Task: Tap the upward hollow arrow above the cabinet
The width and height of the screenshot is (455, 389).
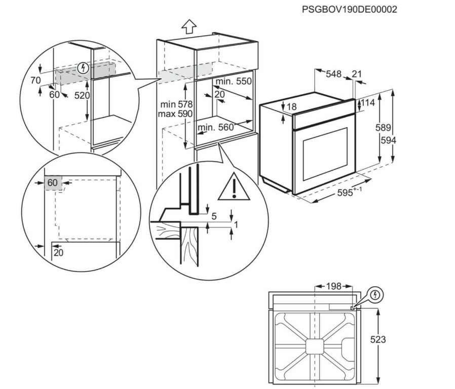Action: (x=188, y=26)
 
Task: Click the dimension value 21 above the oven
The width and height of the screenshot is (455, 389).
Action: (x=357, y=74)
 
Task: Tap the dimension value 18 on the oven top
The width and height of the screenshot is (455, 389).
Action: (x=291, y=107)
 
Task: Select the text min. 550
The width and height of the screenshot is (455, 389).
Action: (x=233, y=82)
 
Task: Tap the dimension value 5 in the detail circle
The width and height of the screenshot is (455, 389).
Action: (x=214, y=216)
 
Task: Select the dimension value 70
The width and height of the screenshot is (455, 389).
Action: (x=35, y=80)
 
